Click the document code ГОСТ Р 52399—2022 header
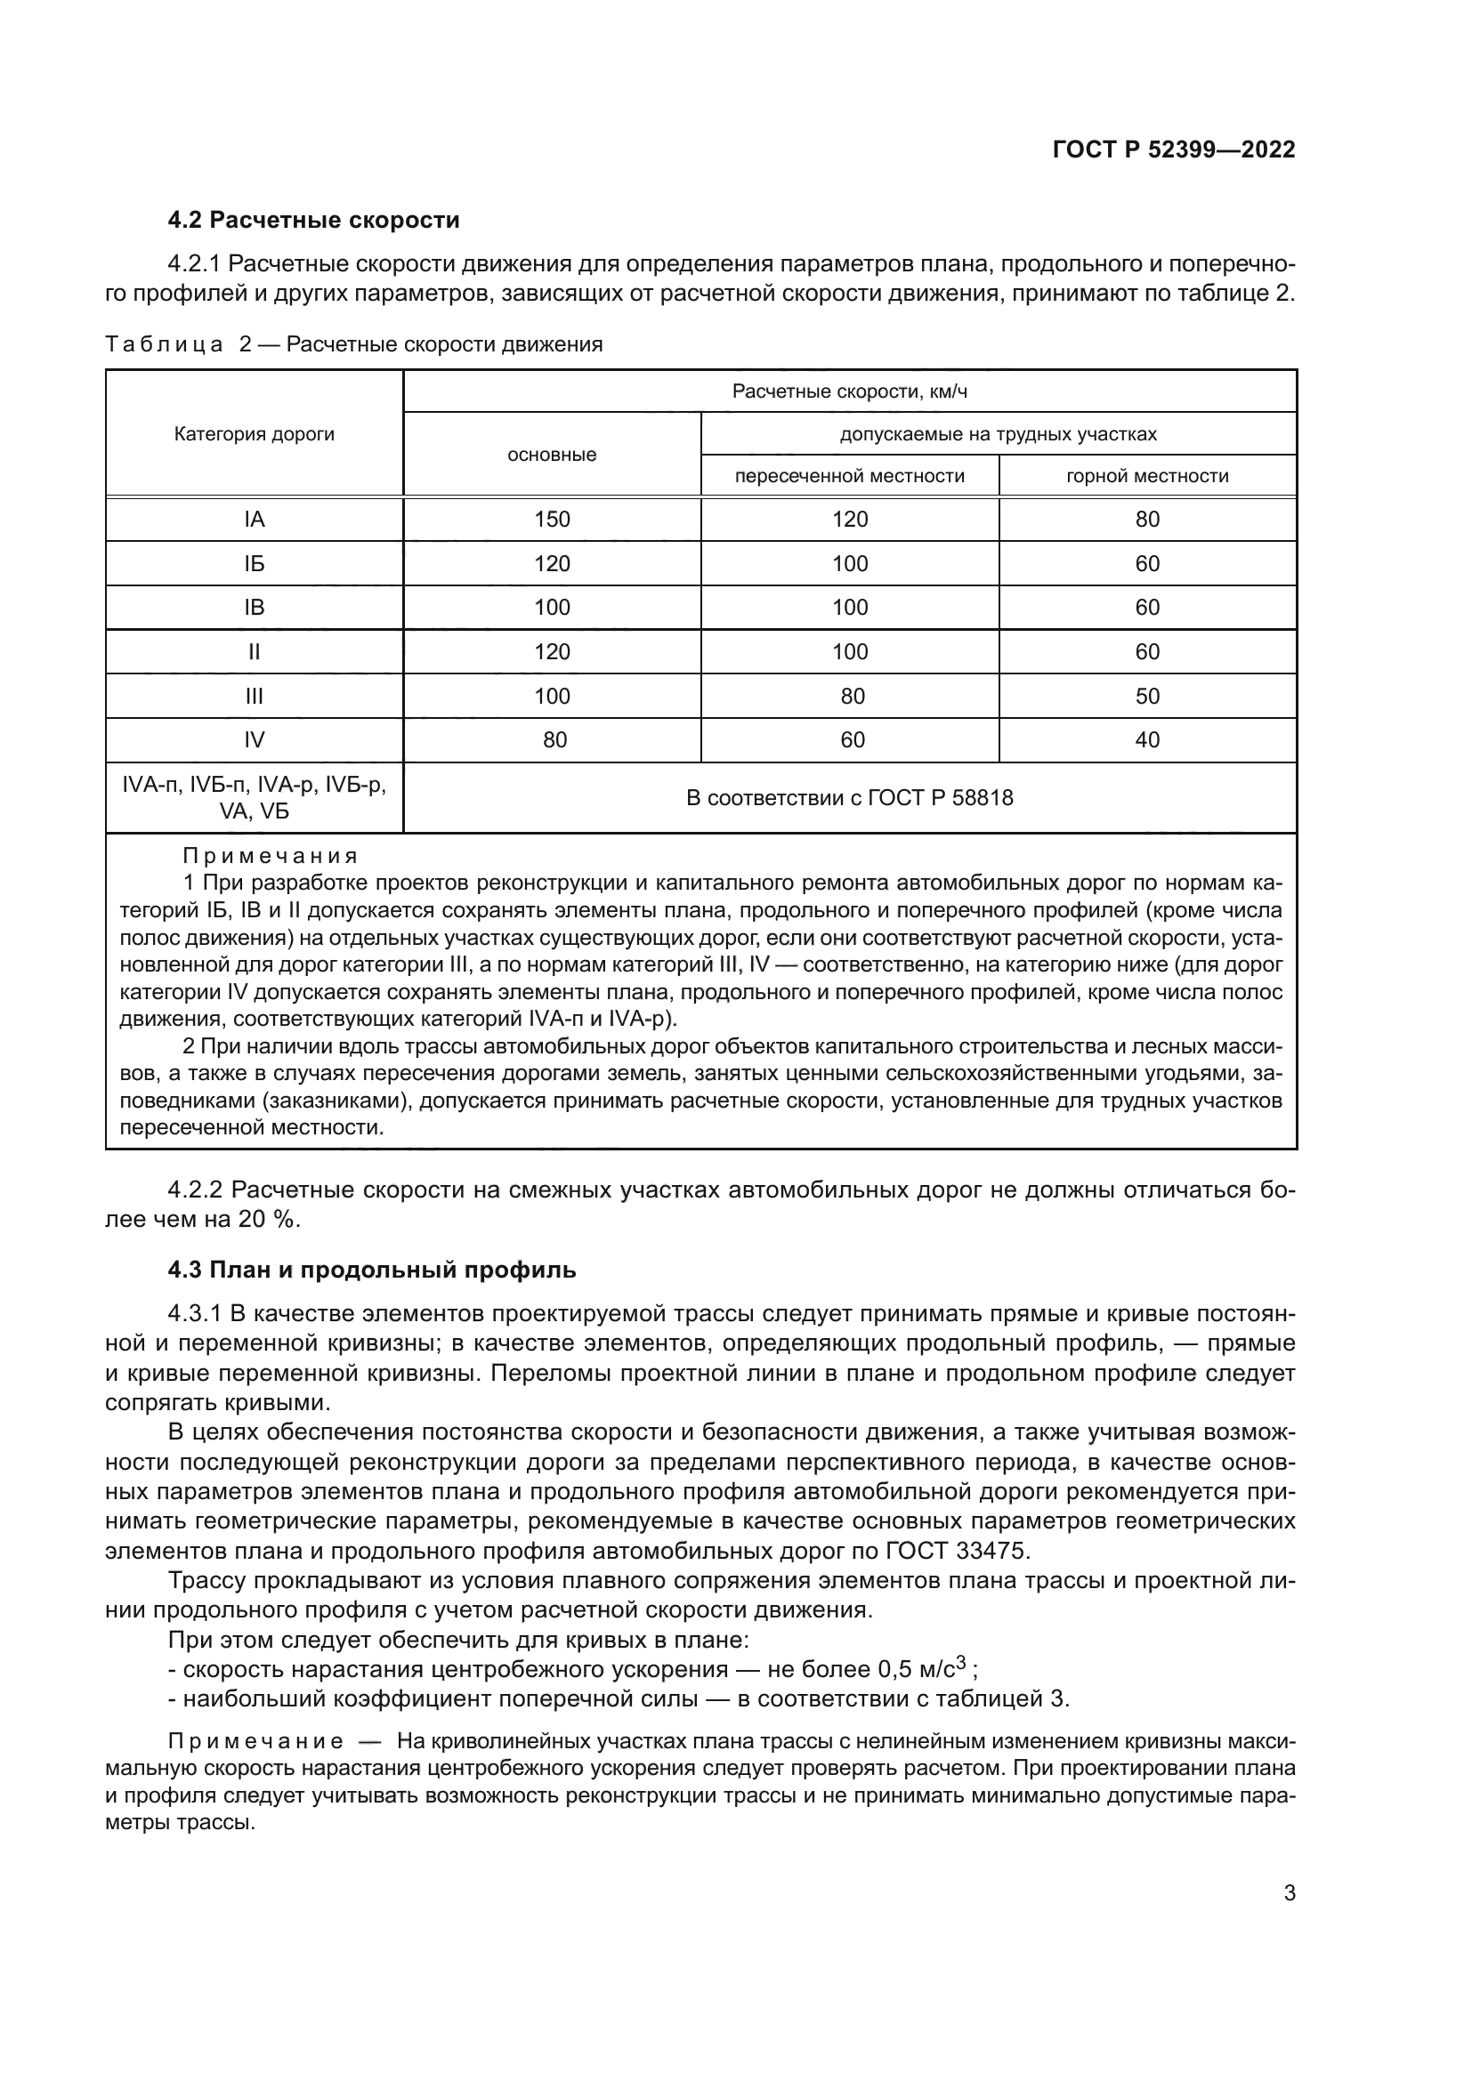click(x=1174, y=149)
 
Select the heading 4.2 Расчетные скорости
click(x=313, y=221)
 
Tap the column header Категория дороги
click(x=254, y=434)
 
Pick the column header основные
click(x=551, y=455)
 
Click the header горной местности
click(x=1146, y=476)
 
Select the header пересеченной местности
click(x=849, y=476)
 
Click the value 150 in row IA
click(x=551, y=520)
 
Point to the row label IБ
click(x=254, y=564)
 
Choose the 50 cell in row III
click(x=1146, y=696)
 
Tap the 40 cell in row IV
click(x=1146, y=739)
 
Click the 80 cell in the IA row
click(x=1146, y=520)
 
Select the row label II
click(x=254, y=651)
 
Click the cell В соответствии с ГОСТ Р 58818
click(x=849, y=797)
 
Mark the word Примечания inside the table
click(x=271, y=856)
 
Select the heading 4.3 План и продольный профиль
click(x=372, y=1270)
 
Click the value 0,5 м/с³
click(x=925, y=1669)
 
